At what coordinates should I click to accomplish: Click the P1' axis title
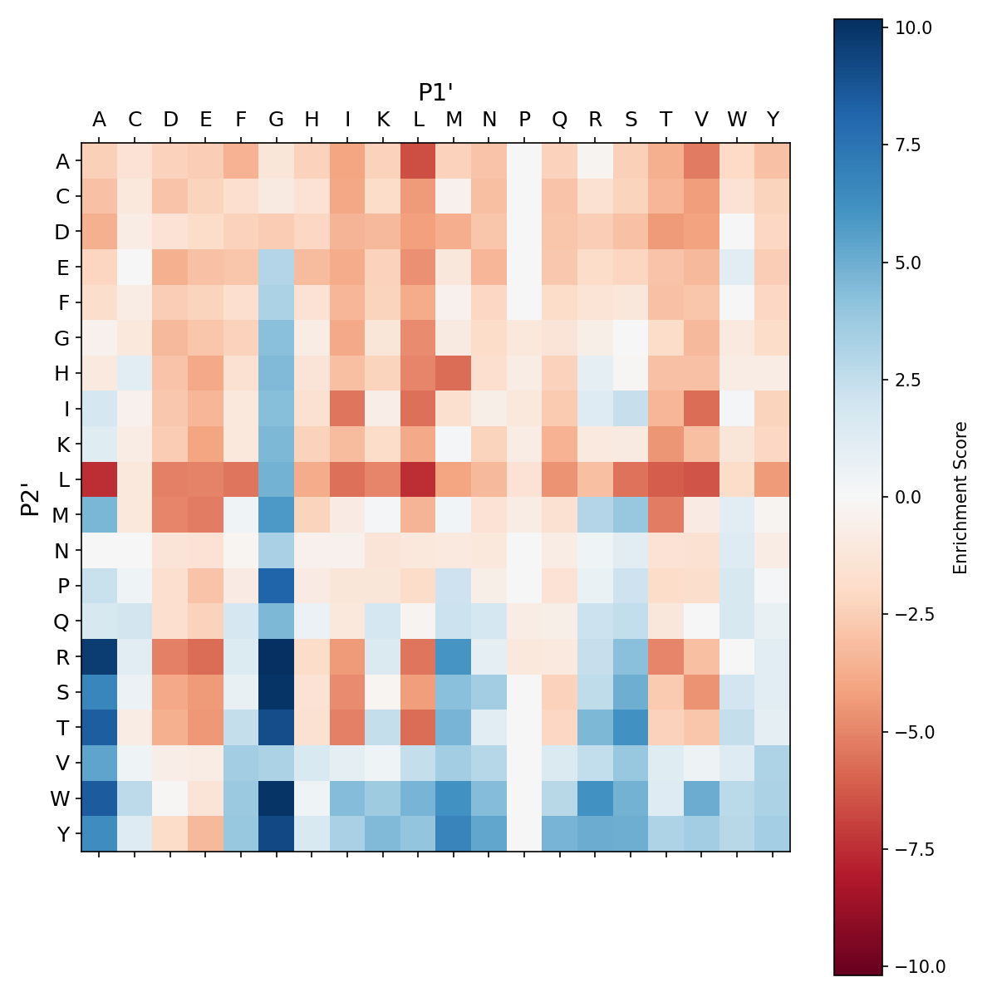[x=435, y=91]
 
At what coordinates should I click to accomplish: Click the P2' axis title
[x=31, y=497]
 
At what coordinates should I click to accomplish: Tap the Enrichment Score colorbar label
[x=960, y=497]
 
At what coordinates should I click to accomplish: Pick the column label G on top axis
[x=277, y=120]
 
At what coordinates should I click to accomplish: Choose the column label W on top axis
[x=737, y=120]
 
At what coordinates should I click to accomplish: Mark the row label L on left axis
[x=62, y=480]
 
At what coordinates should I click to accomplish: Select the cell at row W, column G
[x=277, y=798]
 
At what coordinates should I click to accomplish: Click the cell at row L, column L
[x=418, y=480]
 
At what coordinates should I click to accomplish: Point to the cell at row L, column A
[x=99, y=480]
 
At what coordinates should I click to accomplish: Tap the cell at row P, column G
[x=277, y=586]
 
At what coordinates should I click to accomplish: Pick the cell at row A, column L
[x=418, y=161]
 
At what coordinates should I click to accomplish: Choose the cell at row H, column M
[x=454, y=374]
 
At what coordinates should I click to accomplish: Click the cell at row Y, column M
[x=454, y=833]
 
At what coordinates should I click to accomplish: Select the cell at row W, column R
[x=595, y=798]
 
